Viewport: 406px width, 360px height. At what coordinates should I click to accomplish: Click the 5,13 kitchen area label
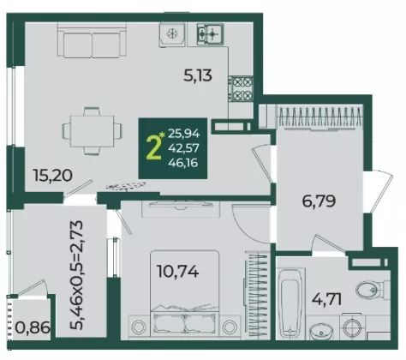click(198, 76)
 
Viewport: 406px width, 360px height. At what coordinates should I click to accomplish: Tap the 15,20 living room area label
click(53, 175)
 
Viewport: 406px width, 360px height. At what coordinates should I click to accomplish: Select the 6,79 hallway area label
click(319, 201)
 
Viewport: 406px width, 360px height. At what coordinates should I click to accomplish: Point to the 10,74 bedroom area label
click(178, 272)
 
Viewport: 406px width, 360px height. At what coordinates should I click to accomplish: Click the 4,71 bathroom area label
click(326, 299)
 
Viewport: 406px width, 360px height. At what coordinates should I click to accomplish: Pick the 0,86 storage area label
click(33, 327)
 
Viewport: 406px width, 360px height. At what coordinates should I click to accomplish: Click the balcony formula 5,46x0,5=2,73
click(76, 275)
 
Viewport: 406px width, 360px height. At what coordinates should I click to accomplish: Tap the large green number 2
click(153, 147)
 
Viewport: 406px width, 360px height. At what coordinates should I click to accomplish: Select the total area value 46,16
click(183, 163)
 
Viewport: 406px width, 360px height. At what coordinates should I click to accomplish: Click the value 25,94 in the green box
click(184, 134)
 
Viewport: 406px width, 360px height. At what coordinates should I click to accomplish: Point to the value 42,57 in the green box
click(184, 148)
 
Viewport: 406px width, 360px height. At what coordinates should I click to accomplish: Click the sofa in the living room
click(92, 40)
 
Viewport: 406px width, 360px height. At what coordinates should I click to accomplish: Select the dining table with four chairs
click(92, 131)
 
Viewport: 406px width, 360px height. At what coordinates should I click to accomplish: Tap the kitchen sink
click(210, 34)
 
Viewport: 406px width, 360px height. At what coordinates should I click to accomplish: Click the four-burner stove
click(241, 89)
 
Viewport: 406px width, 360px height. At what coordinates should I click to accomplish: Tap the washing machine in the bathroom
click(352, 327)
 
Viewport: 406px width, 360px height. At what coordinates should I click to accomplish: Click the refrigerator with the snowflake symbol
click(172, 34)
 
